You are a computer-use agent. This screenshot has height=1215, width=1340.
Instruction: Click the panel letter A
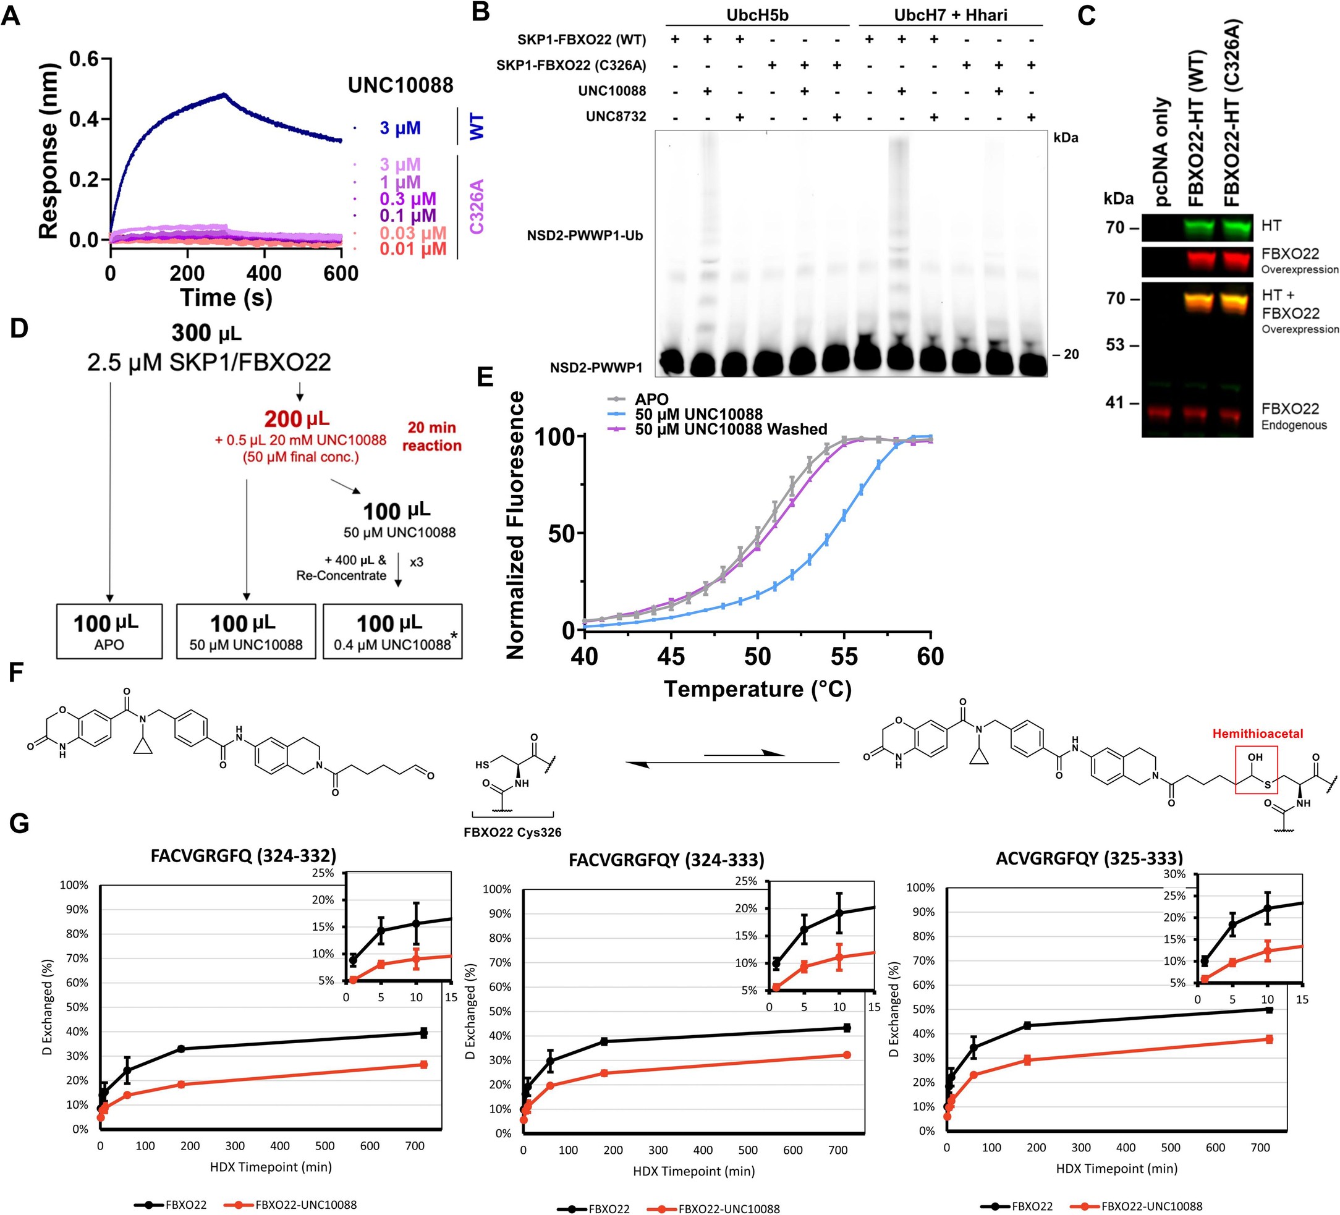[x=11, y=15]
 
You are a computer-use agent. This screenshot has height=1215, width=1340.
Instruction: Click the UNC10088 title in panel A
[x=400, y=85]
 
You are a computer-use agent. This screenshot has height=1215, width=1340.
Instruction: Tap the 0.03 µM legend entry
[x=412, y=233]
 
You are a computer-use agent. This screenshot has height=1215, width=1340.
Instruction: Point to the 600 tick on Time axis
[x=341, y=273]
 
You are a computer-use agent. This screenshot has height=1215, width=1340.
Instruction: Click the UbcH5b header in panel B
[x=757, y=15]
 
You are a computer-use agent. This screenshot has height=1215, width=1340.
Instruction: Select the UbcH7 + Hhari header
[x=950, y=15]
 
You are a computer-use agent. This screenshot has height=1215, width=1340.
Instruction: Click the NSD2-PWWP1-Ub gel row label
[x=584, y=235]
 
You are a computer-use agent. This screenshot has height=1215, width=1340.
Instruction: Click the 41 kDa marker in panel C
[x=1117, y=402]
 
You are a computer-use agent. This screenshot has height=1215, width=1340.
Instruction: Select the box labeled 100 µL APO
[x=109, y=631]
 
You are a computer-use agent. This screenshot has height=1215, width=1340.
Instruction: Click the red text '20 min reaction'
[x=431, y=436]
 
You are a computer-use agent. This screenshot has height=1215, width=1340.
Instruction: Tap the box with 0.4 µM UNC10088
[x=392, y=631]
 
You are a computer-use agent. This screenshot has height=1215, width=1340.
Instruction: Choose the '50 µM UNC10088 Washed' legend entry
[x=731, y=430]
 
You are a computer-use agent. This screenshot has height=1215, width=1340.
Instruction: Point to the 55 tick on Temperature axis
[x=844, y=657]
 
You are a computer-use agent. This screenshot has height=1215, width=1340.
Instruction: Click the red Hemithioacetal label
[x=1257, y=734]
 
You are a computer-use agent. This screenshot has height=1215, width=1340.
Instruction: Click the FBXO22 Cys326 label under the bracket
[x=512, y=831]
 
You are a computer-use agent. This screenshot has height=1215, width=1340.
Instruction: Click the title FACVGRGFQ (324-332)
[x=244, y=855]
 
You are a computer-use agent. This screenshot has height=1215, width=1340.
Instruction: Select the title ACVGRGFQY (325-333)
[x=1089, y=858]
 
